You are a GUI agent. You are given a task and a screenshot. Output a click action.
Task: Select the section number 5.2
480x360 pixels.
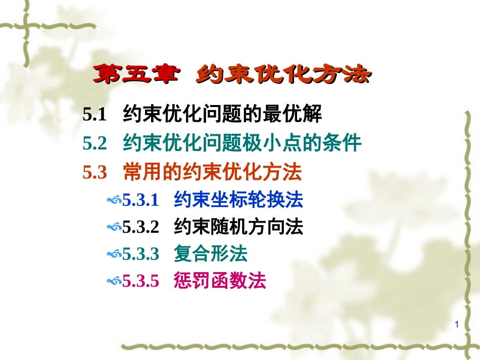95,144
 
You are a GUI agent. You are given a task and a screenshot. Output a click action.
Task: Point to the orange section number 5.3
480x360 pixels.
95,173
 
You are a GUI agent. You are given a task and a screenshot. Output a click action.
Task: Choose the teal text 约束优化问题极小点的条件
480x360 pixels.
242,144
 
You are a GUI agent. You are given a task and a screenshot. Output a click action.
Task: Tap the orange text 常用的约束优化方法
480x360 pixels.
212,173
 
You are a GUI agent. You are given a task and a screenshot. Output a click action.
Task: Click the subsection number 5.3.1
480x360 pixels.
141,200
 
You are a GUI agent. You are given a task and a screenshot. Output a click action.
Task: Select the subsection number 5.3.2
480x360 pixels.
141,227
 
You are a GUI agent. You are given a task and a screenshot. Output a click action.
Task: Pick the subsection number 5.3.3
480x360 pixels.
141,253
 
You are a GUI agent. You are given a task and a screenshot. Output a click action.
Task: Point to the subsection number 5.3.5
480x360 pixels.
141,280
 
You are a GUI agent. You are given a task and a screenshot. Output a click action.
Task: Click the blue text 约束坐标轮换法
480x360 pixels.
238,200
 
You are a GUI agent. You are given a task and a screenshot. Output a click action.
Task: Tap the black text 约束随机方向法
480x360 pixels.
238,227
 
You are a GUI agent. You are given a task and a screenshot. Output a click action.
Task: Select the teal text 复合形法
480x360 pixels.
210,253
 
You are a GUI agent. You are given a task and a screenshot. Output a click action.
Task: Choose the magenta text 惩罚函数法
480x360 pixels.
219,280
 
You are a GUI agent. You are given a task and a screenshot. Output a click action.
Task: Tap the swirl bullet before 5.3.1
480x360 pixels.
114,201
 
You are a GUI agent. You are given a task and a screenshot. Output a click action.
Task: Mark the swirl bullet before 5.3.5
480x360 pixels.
114,281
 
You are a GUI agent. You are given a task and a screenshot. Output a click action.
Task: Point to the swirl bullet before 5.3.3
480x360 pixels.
114,254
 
